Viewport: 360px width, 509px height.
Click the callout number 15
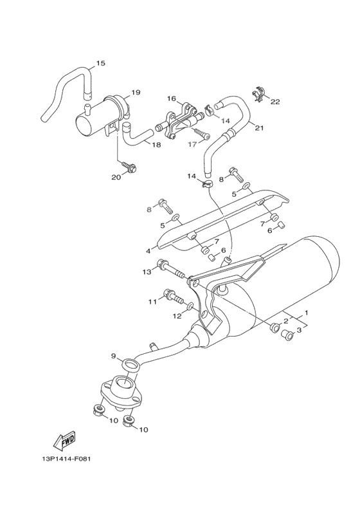(100, 63)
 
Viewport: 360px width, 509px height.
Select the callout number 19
(136, 93)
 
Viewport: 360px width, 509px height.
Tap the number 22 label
(275, 102)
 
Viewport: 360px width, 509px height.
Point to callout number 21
(260, 127)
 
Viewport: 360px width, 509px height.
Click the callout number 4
(148, 251)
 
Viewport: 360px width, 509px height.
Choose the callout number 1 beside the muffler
(307, 313)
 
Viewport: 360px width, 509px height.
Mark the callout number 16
(172, 98)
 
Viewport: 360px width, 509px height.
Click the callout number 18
(156, 145)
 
